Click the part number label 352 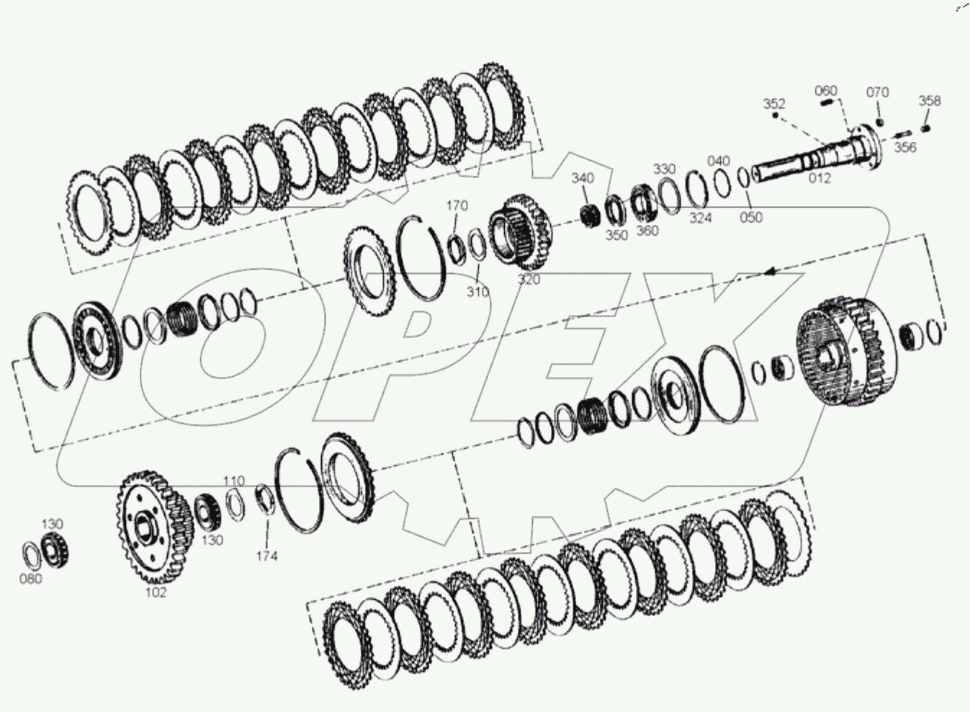(774, 104)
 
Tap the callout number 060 (826, 90)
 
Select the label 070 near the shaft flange (877, 92)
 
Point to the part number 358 (930, 101)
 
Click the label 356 (905, 147)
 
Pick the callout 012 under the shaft (819, 178)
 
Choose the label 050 (750, 217)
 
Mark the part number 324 (700, 217)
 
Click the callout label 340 (583, 178)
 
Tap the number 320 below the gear (529, 280)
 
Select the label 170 (457, 206)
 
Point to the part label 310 (477, 292)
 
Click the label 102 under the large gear (156, 592)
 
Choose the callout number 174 (266, 556)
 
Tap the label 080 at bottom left (30, 579)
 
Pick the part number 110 (233, 481)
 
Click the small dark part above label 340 (590, 214)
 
